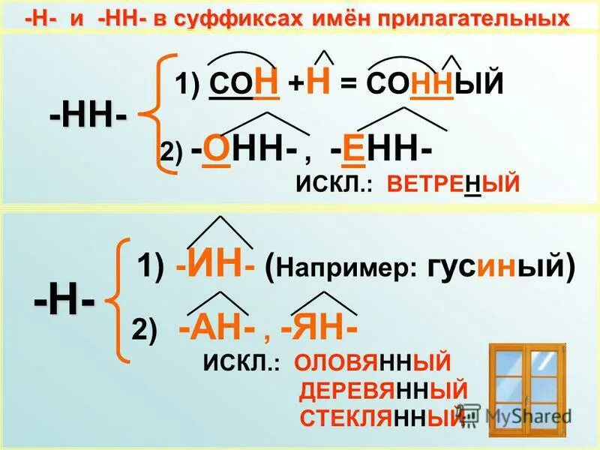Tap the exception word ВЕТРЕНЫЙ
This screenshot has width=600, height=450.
tap(453, 183)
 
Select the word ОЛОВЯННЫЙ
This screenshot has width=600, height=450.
tap(373, 363)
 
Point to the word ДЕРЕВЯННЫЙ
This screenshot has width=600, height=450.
tap(383, 391)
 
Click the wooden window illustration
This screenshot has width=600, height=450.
tap(531, 383)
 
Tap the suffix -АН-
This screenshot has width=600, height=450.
tap(220, 330)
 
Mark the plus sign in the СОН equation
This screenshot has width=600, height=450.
tap(295, 82)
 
